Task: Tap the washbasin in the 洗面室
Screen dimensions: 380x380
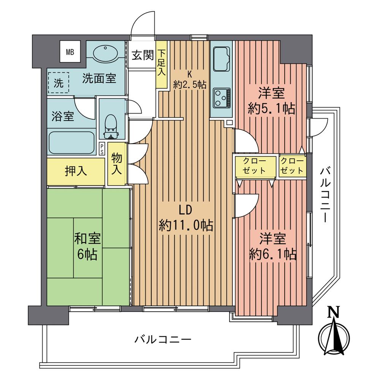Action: coord(104,54)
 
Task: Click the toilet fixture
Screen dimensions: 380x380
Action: coord(111,126)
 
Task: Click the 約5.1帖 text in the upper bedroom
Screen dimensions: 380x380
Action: coord(271,109)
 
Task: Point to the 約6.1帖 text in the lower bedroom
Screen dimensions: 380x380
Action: coord(273,254)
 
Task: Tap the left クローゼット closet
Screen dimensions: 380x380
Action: coord(255,166)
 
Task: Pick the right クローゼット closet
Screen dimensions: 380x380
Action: coord(293,166)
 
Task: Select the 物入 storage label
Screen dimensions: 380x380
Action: coord(117,163)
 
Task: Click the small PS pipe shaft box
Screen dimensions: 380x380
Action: coord(102,149)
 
